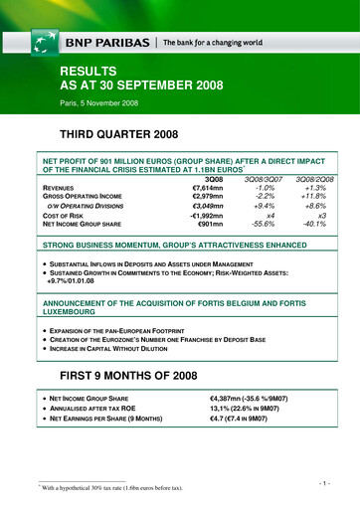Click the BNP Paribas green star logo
point(45,41)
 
